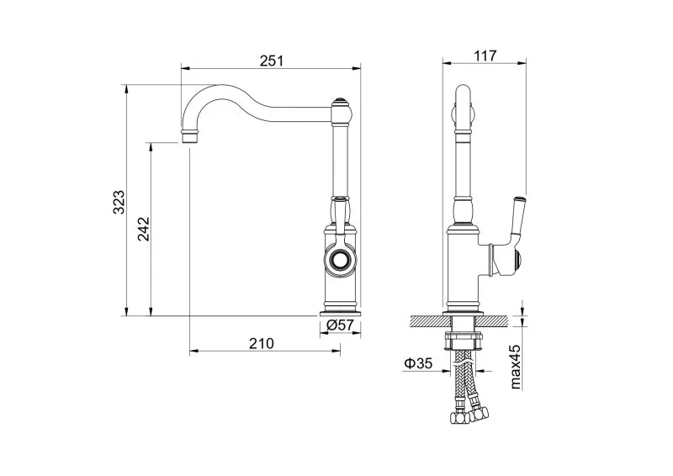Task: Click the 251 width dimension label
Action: click(x=271, y=61)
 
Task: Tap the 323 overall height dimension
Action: click(x=119, y=202)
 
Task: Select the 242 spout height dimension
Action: click(x=144, y=229)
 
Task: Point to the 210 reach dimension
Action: click(x=261, y=343)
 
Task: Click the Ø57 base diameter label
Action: click(x=340, y=325)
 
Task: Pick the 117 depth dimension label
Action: click(x=485, y=56)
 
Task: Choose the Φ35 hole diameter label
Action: click(x=417, y=363)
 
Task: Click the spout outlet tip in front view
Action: click(x=190, y=136)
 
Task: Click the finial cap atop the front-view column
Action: click(x=341, y=102)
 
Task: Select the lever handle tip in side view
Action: click(x=519, y=199)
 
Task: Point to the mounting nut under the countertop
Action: click(x=463, y=341)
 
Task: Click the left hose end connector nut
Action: click(x=458, y=417)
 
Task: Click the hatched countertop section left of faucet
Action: click(x=427, y=321)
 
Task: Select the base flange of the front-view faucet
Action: click(x=340, y=313)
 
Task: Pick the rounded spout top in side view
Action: click(x=463, y=91)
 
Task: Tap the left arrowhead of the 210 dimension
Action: click(x=194, y=352)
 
